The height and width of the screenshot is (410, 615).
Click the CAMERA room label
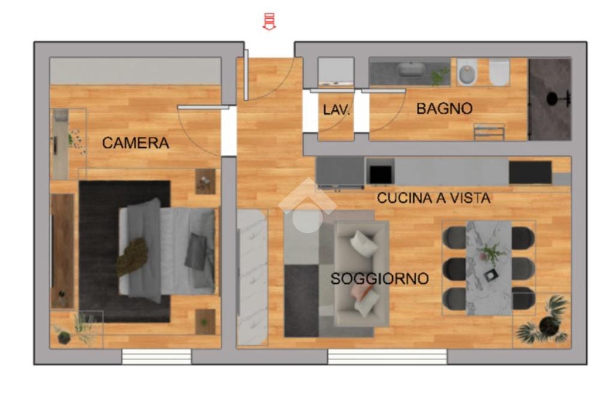(135, 143)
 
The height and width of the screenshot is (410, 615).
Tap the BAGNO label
(444, 109)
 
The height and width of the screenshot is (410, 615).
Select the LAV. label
(336, 110)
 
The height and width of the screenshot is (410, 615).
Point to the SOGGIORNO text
(380, 279)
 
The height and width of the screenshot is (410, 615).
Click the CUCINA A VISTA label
(434, 198)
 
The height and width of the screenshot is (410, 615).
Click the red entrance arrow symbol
(269, 21)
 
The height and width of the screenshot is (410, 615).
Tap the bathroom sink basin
(411, 70)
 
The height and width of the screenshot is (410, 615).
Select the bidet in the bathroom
(467, 72)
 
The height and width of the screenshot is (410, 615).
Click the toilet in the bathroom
(499, 72)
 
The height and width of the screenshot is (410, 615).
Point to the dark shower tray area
(550, 99)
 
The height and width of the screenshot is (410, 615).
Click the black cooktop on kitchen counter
(530, 173)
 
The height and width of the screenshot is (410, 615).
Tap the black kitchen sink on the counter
(380, 172)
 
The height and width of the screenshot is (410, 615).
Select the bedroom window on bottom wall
(157, 356)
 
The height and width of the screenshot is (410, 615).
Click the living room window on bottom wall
(387, 356)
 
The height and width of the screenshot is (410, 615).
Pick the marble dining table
(489, 268)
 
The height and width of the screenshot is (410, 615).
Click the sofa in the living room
(361, 274)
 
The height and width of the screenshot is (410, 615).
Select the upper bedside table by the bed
(205, 182)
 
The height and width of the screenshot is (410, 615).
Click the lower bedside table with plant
(205, 322)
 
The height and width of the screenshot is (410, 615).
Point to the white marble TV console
(253, 277)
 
